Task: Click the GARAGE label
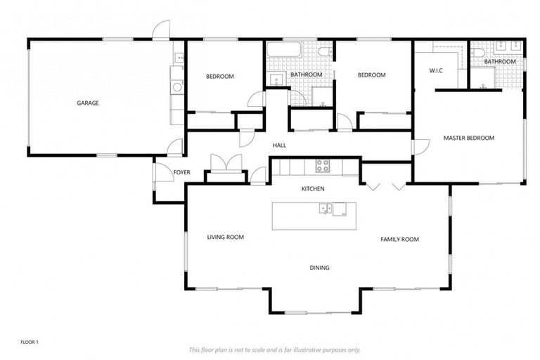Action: [x=88, y=103]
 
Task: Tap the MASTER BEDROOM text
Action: [x=468, y=138]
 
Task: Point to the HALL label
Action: [x=280, y=146]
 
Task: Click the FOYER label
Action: [x=163, y=172]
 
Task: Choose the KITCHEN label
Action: [x=312, y=189]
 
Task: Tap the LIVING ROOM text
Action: [x=225, y=238]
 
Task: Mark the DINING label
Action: [x=319, y=268]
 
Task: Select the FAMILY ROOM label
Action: [x=399, y=240]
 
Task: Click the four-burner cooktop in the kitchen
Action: [x=323, y=166]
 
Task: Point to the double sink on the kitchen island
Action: [x=326, y=208]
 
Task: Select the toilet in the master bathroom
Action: [x=479, y=52]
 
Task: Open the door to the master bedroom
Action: [x=420, y=146]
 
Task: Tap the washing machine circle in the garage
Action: [x=175, y=86]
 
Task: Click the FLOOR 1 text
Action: [x=29, y=342]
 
